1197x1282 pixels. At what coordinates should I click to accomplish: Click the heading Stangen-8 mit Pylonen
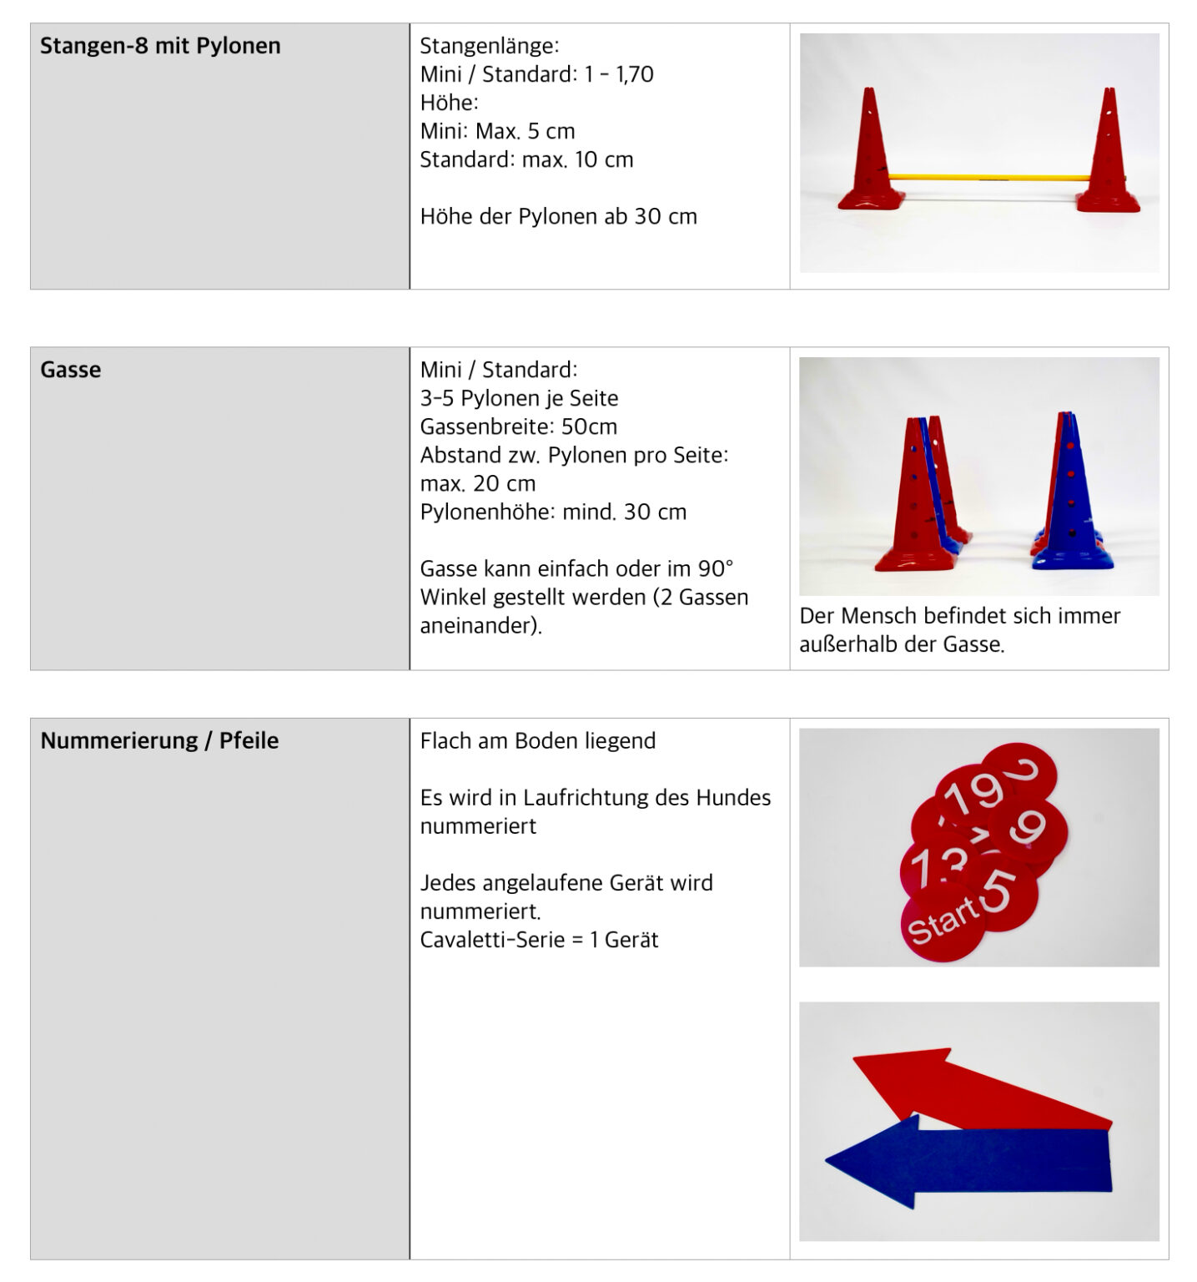[x=160, y=46]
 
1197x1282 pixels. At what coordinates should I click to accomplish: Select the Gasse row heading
[x=71, y=370]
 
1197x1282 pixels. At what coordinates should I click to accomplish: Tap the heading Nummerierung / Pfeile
[x=159, y=740]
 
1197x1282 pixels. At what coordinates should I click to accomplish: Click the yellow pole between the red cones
[x=988, y=177]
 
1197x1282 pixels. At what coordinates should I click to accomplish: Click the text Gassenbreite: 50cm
[x=519, y=426]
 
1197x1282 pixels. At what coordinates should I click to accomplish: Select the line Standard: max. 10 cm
[x=526, y=159]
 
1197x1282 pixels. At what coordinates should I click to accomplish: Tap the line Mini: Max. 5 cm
[x=498, y=131]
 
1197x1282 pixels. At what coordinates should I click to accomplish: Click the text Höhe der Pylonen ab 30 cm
[x=558, y=216]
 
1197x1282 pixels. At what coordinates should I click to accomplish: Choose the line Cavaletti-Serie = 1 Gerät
[x=539, y=940]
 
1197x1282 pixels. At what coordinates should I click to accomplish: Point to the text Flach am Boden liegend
[x=538, y=740]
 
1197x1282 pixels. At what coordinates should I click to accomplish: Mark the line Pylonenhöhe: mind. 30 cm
[x=553, y=512]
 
